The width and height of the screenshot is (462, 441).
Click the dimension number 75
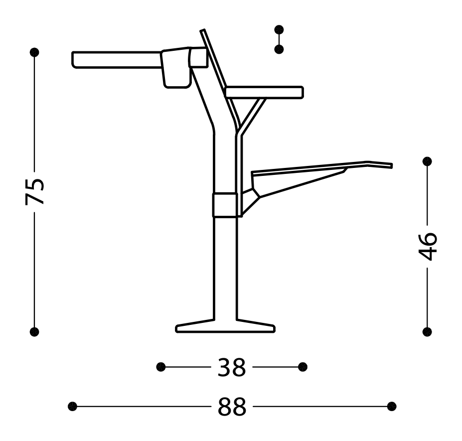point(35,191)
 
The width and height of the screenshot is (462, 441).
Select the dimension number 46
point(428,246)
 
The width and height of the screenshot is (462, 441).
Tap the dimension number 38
point(232,368)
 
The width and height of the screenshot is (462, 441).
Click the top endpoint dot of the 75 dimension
point(34,52)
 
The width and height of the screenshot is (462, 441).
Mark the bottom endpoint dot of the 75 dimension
point(34,332)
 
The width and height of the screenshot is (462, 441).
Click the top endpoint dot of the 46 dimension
point(427,161)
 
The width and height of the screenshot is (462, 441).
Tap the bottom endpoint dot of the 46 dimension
point(427,332)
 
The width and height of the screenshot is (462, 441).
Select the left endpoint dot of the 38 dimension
point(160,367)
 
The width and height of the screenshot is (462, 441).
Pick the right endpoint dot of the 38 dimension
point(303,367)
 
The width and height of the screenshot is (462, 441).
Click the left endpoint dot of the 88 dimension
point(73,406)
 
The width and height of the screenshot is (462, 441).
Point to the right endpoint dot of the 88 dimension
point(392,406)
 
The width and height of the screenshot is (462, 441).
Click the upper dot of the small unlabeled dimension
point(279,30)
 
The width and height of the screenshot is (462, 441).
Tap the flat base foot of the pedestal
point(225,327)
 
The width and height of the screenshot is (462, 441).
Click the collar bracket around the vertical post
point(225,205)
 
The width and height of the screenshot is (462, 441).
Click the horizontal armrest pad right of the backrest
point(264,92)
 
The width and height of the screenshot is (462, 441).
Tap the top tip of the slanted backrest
point(203,32)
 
